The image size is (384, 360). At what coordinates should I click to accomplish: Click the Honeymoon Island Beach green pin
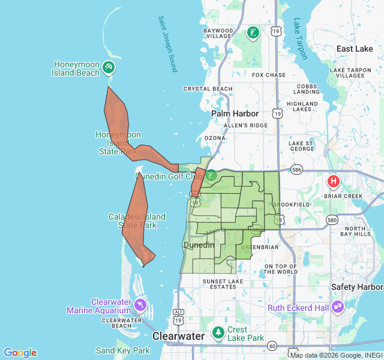coord(109,67)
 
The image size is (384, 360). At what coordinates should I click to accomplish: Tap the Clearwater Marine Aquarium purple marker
coord(140,305)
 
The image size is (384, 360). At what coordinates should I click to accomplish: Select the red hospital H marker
coord(333,181)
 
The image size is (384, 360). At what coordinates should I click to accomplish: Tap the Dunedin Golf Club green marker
coord(211,176)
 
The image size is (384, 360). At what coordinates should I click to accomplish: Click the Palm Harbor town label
coord(235,113)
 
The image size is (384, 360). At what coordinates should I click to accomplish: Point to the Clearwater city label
coord(178,336)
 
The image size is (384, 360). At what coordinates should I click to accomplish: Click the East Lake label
coord(355,49)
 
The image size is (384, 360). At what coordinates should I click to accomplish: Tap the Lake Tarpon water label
coord(300,38)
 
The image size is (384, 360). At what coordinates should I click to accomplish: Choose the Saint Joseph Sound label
coord(167,44)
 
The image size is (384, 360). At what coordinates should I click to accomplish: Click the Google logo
coord(20,353)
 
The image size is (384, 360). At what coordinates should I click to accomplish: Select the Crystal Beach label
coord(208,89)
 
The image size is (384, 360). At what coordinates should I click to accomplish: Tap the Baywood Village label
coord(218,33)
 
